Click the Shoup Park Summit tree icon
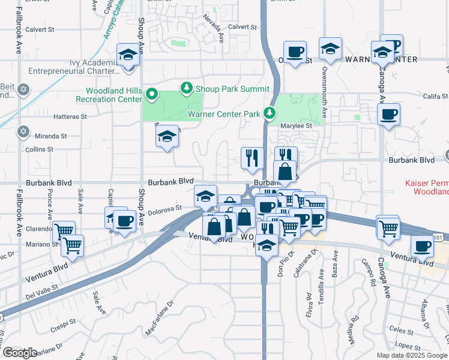(x=187, y=89)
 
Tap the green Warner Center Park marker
(x=270, y=113)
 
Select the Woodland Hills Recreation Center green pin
(x=152, y=94)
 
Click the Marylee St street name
(x=297, y=126)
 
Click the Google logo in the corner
(x=19, y=353)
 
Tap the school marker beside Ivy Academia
(x=128, y=55)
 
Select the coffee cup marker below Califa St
(x=388, y=113)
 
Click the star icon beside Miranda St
(x=23, y=131)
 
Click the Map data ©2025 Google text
(x=411, y=355)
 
